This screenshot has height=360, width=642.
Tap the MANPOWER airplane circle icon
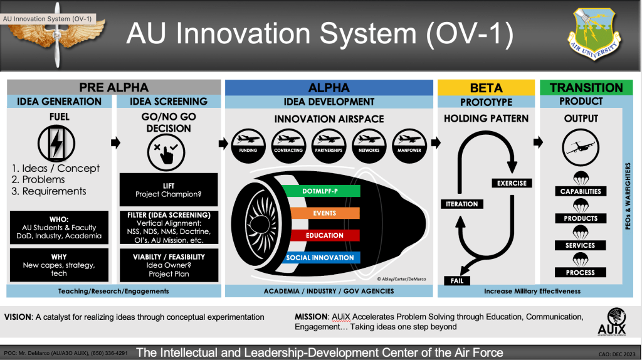pyautogui.click(x=409, y=141)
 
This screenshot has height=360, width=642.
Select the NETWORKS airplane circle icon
pyautogui.click(x=369, y=141)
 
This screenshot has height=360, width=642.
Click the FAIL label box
pyautogui.click(x=456, y=280)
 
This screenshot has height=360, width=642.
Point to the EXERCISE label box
pyautogui.click(x=512, y=183)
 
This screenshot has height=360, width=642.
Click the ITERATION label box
pyautogui.click(x=462, y=204)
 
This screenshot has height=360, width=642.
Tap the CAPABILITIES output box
pyautogui.click(x=580, y=191)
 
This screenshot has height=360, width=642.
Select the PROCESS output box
pyautogui.click(x=580, y=273)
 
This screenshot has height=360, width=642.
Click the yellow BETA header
pyautogui.click(x=486, y=87)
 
